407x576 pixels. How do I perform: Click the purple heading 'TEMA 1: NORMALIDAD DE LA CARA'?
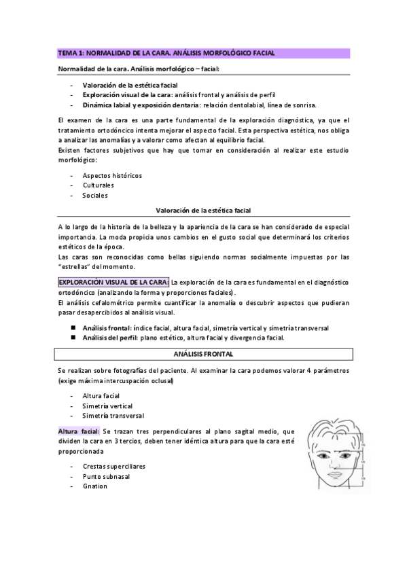click(166, 52)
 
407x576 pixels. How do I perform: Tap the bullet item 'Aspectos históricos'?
click(112, 175)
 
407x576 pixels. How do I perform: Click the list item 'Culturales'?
click(98, 185)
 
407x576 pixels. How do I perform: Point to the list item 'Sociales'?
click(95, 196)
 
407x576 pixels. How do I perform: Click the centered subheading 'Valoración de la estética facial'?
click(204, 211)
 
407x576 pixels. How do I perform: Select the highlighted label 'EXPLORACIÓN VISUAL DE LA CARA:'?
click(113, 282)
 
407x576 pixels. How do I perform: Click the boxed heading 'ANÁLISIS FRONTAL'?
click(204, 354)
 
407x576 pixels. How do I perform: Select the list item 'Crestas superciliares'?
click(113, 467)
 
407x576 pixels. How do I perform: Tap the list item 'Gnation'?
click(95, 486)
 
